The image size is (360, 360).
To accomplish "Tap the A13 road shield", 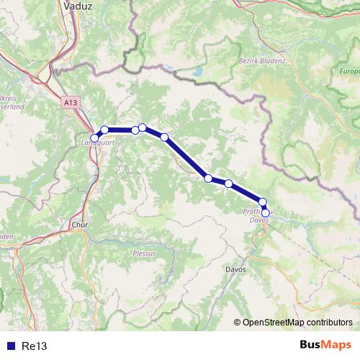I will click(x=70, y=103).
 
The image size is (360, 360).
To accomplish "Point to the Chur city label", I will click(x=79, y=224).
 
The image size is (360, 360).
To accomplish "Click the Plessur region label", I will click(x=144, y=253).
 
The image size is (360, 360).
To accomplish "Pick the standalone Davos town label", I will click(x=235, y=269).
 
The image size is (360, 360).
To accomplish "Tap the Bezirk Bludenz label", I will click(x=261, y=61).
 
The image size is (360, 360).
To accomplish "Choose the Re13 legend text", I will click(x=35, y=346).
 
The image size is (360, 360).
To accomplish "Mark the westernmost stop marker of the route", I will click(x=94, y=138).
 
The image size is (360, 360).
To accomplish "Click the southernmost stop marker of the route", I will click(x=265, y=212).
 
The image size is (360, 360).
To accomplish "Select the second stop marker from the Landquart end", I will click(x=104, y=130).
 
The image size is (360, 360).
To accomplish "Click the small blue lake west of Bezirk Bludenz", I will click(x=197, y=72).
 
